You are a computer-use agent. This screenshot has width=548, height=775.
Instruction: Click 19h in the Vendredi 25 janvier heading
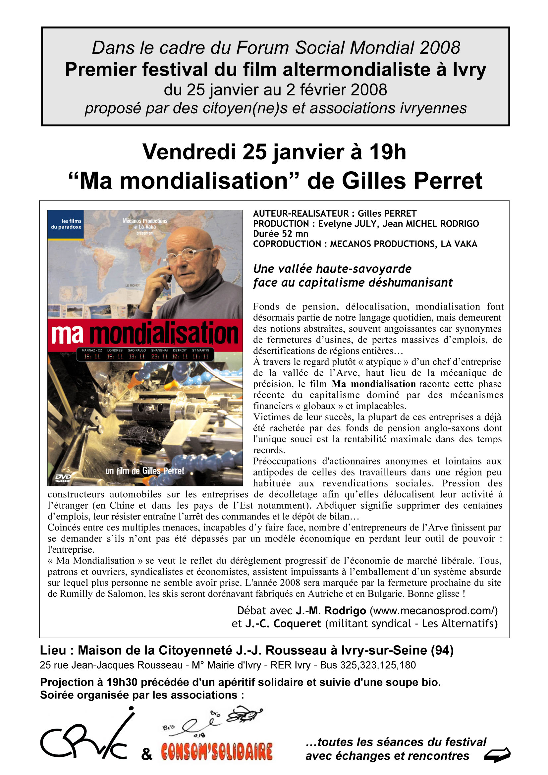click(387, 152)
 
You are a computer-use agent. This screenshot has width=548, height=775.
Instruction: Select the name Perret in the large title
click(448, 181)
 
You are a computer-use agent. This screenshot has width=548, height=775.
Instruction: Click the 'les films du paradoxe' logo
click(66, 224)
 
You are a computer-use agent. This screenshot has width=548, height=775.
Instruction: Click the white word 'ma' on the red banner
click(67, 334)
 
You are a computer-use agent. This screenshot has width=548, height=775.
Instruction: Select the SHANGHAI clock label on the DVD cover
click(159, 350)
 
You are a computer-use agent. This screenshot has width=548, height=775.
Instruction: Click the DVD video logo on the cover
click(63, 477)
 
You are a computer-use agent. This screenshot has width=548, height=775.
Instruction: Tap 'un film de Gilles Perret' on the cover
click(145, 471)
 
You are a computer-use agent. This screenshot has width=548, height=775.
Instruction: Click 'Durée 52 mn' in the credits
click(280, 234)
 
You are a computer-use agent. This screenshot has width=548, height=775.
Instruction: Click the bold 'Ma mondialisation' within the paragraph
click(373, 384)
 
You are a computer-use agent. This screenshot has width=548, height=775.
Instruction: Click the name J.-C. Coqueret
click(283, 624)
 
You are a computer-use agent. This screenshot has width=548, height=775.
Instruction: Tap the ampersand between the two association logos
click(147, 754)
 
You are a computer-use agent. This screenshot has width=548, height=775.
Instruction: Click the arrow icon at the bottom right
click(497, 755)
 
